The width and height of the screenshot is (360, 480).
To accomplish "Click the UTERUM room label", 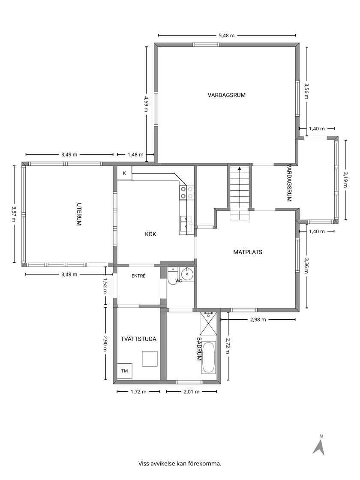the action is pyautogui.click(x=79, y=214).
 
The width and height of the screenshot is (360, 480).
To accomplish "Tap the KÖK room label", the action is pyautogui.click(x=150, y=234).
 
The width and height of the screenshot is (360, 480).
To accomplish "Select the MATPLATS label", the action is pyautogui.click(x=248, y=252).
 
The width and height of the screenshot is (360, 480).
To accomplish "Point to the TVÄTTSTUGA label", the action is pyautogui.click(x=138, y=339).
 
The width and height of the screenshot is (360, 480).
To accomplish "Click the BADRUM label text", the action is pyautogui.click(x=199, y=349).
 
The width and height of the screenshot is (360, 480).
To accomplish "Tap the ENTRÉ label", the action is pyautogui.click(x=138, y=276).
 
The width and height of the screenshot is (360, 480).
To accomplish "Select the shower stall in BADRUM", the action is pyautogui.click(x=208, y=323).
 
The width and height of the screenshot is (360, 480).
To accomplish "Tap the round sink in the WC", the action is pyautogui.click(x=186, y=273).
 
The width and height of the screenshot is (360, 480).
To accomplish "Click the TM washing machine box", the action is pyautogui.click(x=125, y=371).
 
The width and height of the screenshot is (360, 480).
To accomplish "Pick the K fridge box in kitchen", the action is pyautogui.click(x=125, y=173).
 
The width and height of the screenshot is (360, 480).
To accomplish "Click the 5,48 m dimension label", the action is pyautogui.click(x=227, y=36).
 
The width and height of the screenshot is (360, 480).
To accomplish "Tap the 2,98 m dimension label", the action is pyautogui.click(x=258, y=320).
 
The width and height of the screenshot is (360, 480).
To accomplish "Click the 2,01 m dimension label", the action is pyautogui.click(x=191, y=392).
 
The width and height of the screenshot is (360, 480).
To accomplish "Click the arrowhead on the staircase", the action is pyautogui.click(x=240, y=168).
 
